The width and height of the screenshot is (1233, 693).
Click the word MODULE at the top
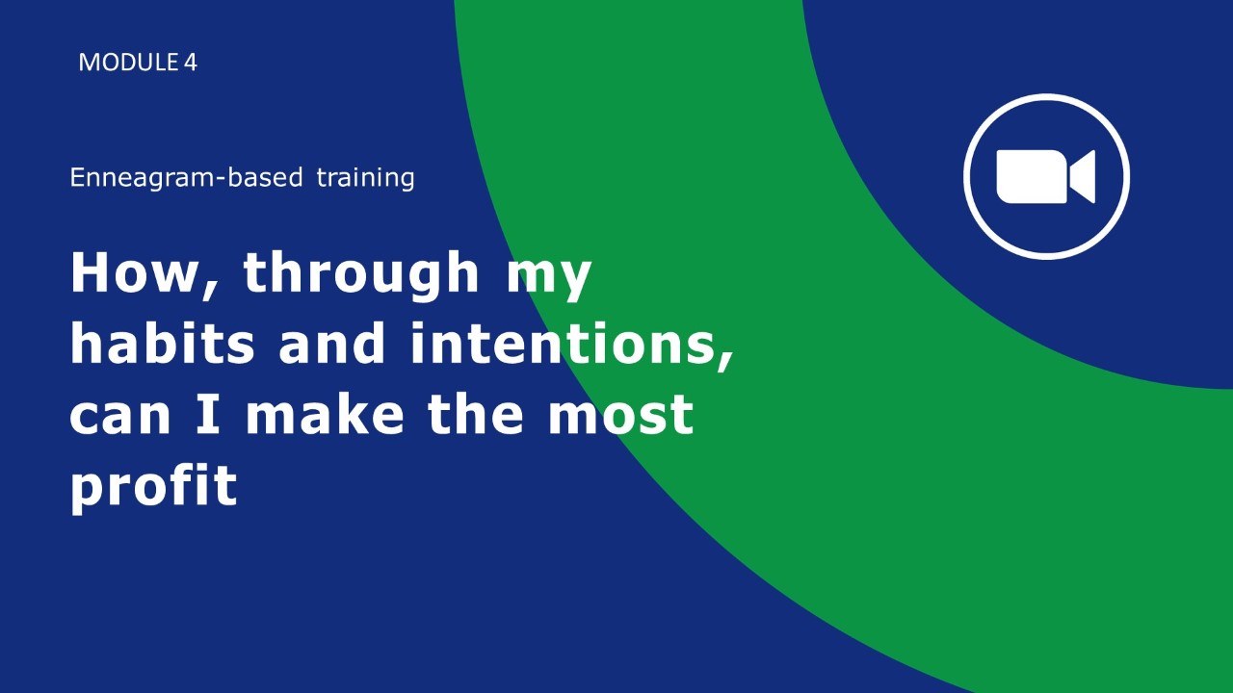pyautogui.click(x=128, y=63)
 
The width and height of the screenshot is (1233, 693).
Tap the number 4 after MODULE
pyautogui.click(x=191, y=63)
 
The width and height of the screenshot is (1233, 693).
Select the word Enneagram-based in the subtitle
pyautogui.click(x=186, y=178)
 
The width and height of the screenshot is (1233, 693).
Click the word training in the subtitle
pyautogui.click(x=365, y=178)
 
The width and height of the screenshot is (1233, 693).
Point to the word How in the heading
pyautogui.click(x=133, y=272)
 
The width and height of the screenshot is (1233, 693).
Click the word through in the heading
pyautogui.click(x=360, y=275)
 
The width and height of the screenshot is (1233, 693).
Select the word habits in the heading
pyautogui.click(x=163, y=342)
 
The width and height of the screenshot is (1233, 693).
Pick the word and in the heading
pyautogui.click(x=331, y=342)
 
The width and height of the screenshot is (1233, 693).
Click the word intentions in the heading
pyautogui.click(x=563, y=342)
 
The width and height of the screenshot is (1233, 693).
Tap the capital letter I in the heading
pyautogui.click(x=209, y=414)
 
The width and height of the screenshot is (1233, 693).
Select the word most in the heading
pyautogui.click(x=621, y=415)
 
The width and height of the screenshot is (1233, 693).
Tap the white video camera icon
pyautogui.click(x=1046, y=176)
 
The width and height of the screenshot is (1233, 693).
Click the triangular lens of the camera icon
pyautogui.click(x=1082, y=176)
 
